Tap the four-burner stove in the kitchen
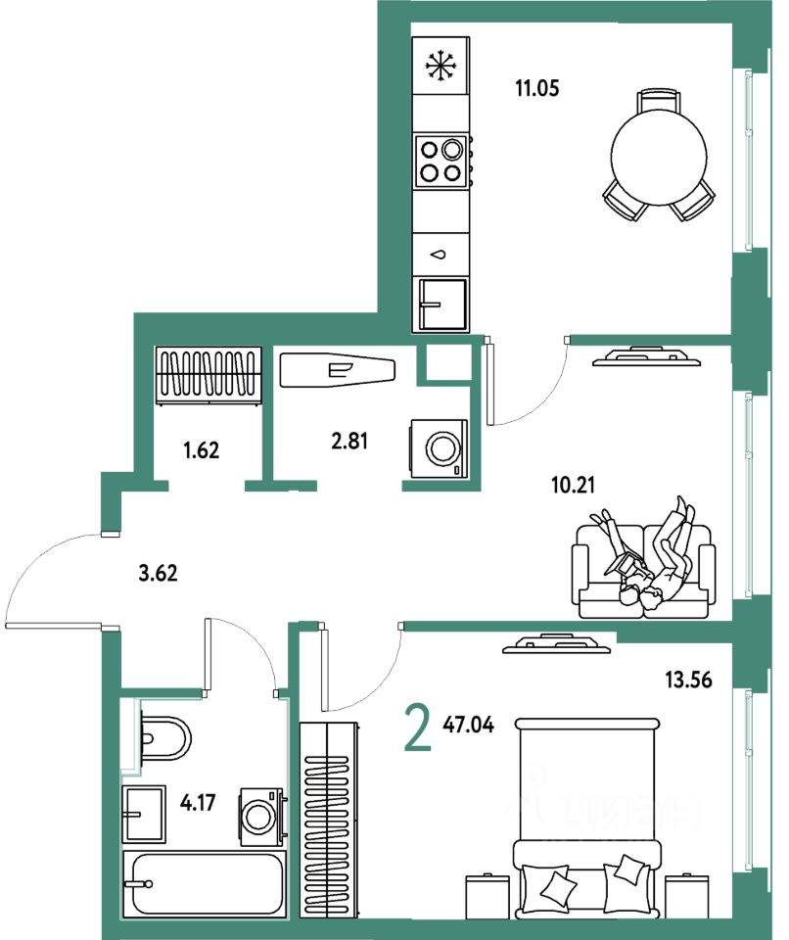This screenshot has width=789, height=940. click(x=440, y=162)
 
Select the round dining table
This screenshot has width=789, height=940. click(x=658, y=155)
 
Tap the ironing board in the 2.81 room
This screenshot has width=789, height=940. click(x=338, y=370)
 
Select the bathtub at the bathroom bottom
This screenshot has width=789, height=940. click(x=204, y=884)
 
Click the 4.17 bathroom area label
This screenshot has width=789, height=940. click(x=200, y=807)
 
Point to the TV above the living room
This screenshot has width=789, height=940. click(x=646, y=355)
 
